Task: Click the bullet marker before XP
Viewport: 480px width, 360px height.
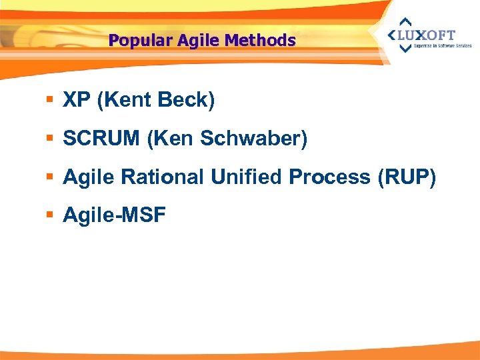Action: pyautogui.click(x=51, y=101)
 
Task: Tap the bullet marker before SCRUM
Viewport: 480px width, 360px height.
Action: pyautogui.click(x=51, y=139)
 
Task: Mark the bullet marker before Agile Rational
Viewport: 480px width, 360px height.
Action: pyautogui.click(x=51, y=177)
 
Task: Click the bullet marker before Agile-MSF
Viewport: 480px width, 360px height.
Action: pyautogui.click(x=51, y=215)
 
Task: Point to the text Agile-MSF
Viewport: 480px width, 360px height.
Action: pyautogui.click(x=114, y=215)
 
